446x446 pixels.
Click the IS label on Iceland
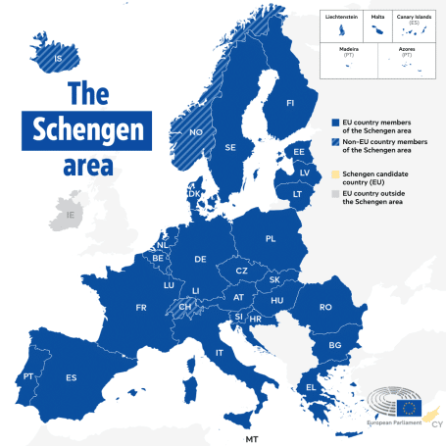58,58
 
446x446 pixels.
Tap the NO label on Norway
196,130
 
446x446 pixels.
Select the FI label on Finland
289,102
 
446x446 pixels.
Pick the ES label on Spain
71,377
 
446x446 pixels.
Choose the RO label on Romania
325,307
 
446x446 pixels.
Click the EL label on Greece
312,387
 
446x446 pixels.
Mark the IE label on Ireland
70,214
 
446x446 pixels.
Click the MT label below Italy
252,437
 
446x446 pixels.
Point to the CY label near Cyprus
435,424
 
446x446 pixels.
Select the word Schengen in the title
87,130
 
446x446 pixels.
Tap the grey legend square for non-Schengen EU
334,194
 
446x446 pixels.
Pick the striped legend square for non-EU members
334,143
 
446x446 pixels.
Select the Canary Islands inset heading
414,17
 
